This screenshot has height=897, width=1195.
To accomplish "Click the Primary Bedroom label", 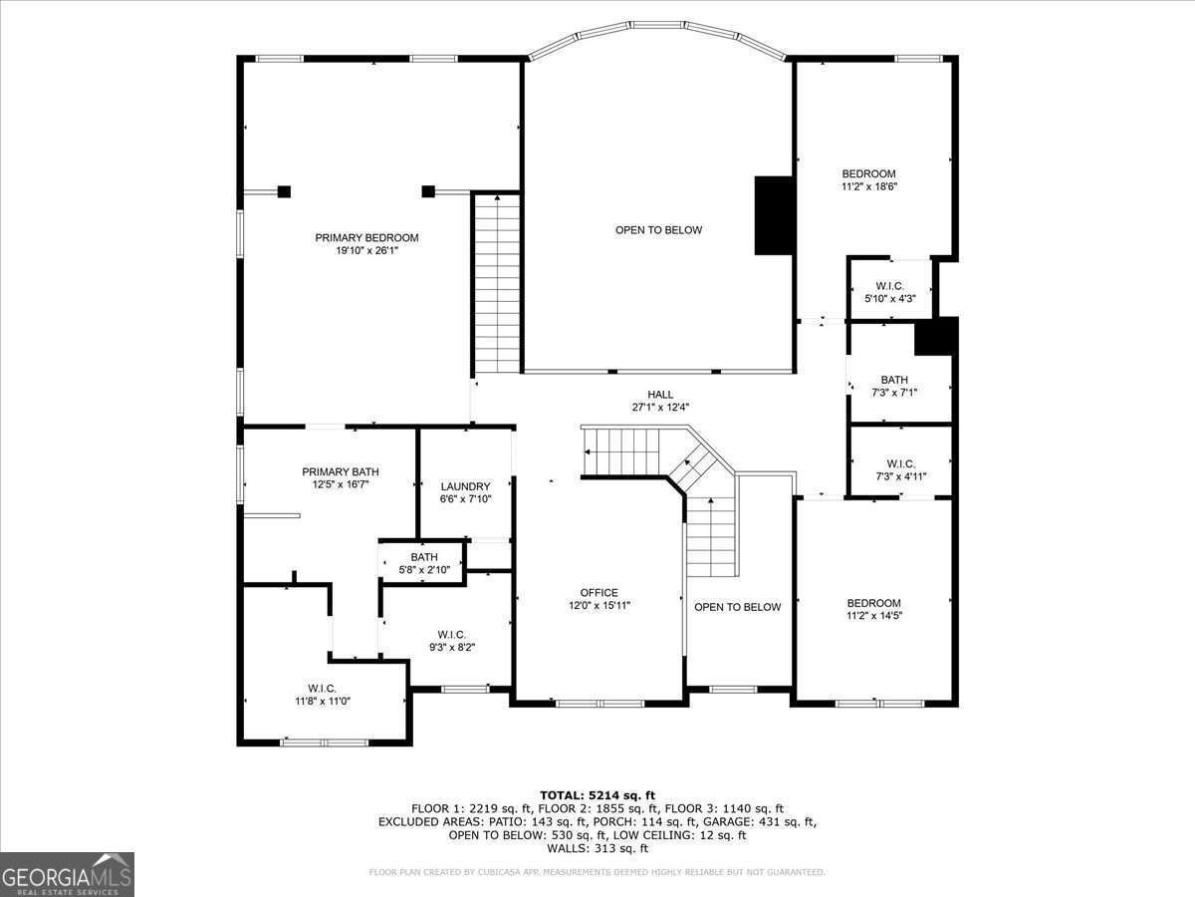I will [x=366, y=237].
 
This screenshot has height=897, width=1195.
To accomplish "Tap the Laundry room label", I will [x=465, y=486].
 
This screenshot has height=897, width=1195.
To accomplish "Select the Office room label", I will [x=599, y=593].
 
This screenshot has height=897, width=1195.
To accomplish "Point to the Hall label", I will [x=660, y=395].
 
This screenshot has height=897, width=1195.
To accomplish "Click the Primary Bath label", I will [x=341, y=472].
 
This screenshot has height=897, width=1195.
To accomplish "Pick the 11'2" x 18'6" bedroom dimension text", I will [x=869, y=186].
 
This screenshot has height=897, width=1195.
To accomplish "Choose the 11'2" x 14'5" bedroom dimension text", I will [x=873, y=616].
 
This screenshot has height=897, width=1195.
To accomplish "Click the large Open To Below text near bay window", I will [x=658, y=230].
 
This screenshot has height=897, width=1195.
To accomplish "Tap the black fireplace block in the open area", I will [x=773, y=215].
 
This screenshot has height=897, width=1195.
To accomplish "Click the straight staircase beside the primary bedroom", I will [x=497, y=284].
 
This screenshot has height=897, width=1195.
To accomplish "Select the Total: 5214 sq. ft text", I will [x=597, y=794].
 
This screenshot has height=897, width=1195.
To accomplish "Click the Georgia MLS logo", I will [x=67, y=874].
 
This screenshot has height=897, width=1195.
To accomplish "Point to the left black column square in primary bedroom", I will [x=284, y=191].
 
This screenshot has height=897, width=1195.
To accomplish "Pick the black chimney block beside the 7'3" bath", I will [x=936, y=336].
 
